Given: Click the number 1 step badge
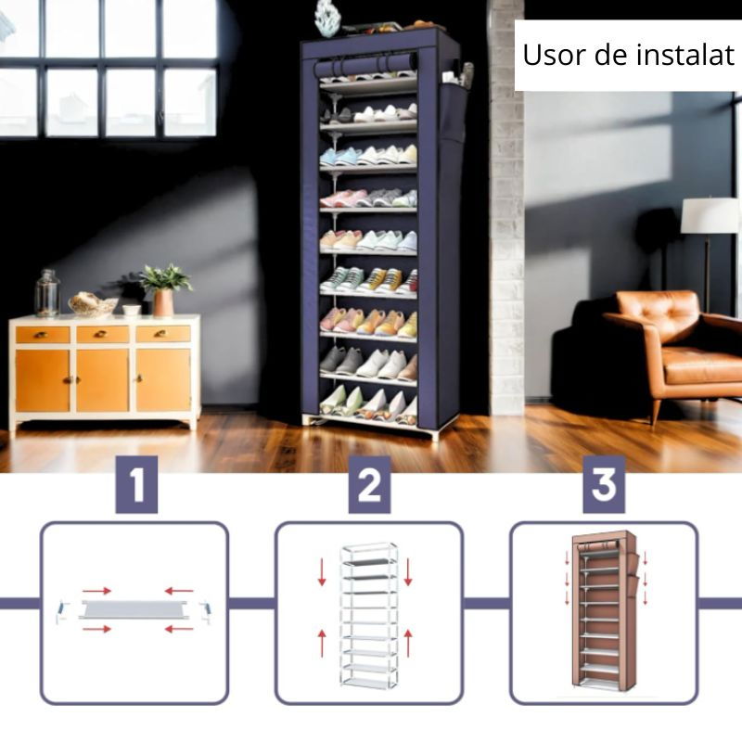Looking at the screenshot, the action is (136, 484).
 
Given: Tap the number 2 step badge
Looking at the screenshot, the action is (369, 484).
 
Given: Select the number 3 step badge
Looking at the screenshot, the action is (604, 484).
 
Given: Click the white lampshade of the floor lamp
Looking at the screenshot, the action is (710, 215).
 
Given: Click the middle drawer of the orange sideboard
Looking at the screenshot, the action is (103, 335).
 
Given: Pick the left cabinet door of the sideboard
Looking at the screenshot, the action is (43, 380).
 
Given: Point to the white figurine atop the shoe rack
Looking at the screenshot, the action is (327, 18).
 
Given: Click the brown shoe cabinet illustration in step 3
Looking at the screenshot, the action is (605, 608).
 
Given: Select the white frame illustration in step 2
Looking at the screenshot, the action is (369, 615).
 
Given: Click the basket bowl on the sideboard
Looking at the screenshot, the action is (93, 304).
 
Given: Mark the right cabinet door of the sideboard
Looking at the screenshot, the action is (163, 380).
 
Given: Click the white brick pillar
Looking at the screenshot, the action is (506, 208).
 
